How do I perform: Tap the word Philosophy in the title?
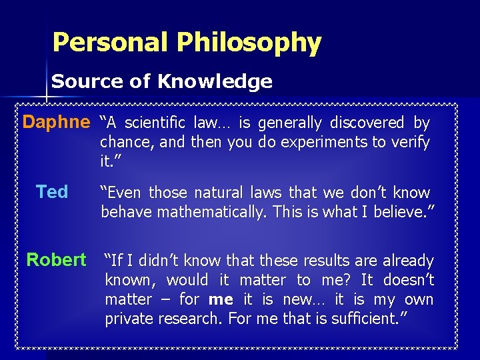tap(249, 43)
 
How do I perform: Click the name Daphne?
tap(56, 123)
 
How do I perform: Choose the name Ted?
tap(52, 192)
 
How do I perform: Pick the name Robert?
tap(56, 259)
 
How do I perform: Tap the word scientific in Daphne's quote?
tap(157, 123)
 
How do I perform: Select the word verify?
tap(412, 142)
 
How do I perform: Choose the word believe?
tap(404, 212)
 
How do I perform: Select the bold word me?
tap(220, 299)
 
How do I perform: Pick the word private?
tap(131, 319)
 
